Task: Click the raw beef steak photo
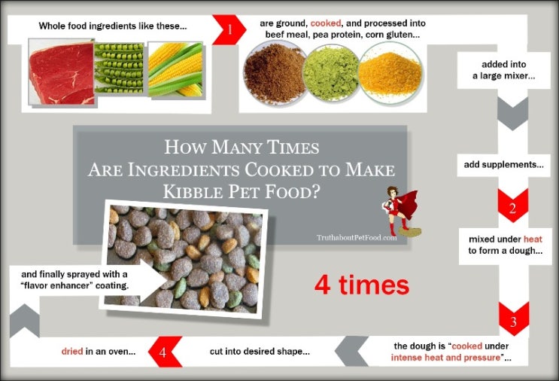point(59,72)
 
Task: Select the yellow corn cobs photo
point(175,70)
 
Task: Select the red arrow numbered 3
point(513,319)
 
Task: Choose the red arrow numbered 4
point(165,352)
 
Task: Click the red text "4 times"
point(361,285)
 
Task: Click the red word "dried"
point(72,352)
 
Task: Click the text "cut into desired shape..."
point(260,352)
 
